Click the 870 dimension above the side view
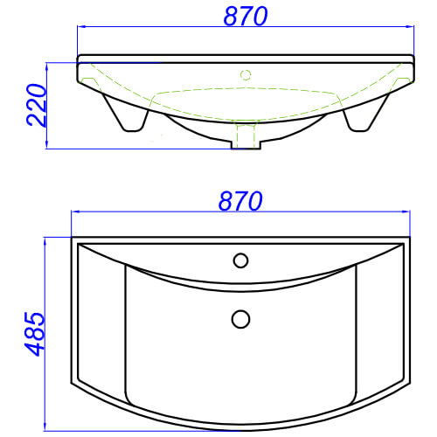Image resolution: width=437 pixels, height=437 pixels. (246, 17)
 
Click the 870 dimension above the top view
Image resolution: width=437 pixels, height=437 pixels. (240, 201)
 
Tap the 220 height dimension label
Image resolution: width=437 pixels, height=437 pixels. (37, 105)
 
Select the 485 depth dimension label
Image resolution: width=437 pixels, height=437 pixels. (34, 334)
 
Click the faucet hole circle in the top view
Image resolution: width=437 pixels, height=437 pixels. (240, 260)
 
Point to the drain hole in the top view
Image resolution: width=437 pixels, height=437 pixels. (240, 319)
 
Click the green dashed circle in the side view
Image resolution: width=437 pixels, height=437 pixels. (246, 75)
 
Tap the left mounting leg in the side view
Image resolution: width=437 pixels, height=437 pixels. (126, 112)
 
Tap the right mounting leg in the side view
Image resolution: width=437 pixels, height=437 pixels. (366, 112)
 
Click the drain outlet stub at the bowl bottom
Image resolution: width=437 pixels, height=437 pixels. (246, 145)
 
